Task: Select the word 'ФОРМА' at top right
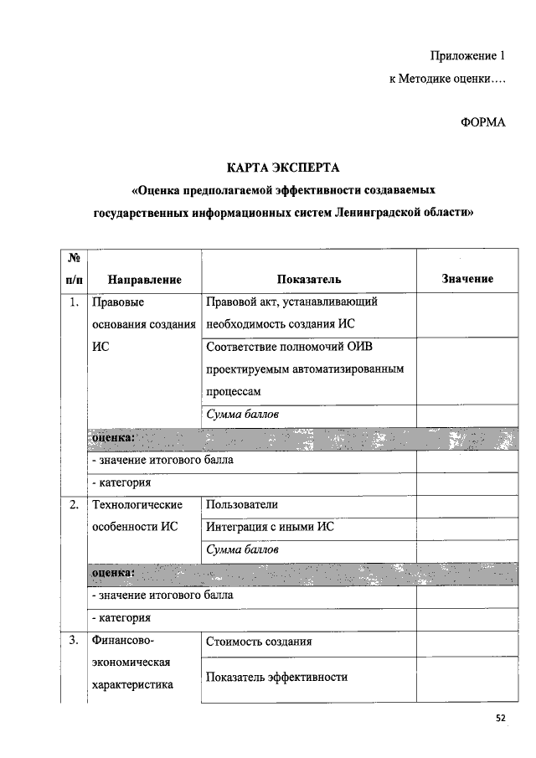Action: pos(483,122)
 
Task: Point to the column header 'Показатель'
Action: pos(308,279)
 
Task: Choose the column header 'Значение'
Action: pos(466,279)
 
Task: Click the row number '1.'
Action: pos(75,302)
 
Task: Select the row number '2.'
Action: pos(75,504)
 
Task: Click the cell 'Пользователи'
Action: pos(241,504)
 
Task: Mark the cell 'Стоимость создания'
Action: pos(259,642)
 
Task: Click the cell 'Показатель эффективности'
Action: pos(276,677)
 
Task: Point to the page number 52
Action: pos(501,718)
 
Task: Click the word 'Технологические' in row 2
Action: pos(137,504)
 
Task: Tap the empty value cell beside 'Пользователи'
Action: pos(466,505)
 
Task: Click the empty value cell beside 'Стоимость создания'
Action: pos(466,642)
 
